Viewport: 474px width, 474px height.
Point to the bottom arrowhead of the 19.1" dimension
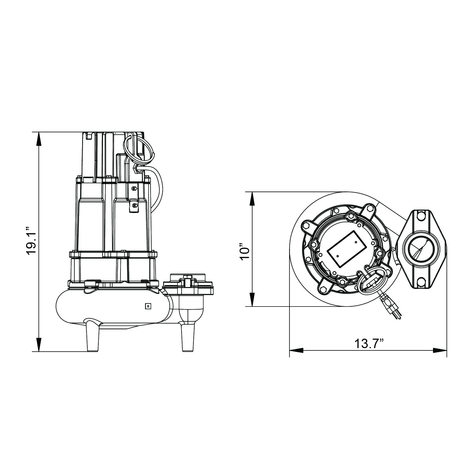pyautogui.click(x=39, y=344)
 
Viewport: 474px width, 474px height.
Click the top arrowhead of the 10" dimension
pyautogui.click(x=252, y=199)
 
